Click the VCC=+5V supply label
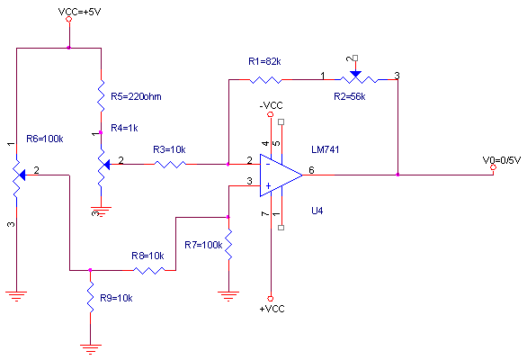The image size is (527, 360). tap(80, 12)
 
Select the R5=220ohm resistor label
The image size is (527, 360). tap(136, 96)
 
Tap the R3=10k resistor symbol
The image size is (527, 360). tap(170, 164)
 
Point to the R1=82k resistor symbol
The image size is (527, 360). tap(265, 80)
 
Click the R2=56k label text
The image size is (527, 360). tap(350, 96)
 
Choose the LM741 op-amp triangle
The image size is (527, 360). tap(281, 175)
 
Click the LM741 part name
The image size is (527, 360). tap(325, 149)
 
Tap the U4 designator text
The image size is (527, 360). tap(317, 211)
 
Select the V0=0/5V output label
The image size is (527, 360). tap(502, 160)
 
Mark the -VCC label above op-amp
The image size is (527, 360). tap(272, 105)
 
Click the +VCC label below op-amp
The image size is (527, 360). tap(272, 309)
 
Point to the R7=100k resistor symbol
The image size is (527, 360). tap(228, 245)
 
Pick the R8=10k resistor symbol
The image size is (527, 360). tap(149, 270)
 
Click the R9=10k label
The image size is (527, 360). tap(116, 298)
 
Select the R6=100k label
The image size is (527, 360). tap(45, 139)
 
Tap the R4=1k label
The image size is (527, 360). tap(124, 128)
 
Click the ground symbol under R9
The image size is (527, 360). tap(91, 349)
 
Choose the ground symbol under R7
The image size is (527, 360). tap(228, 296)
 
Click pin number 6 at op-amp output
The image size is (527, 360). tap(311, 170)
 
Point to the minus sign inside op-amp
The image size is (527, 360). tap(268, 165)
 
